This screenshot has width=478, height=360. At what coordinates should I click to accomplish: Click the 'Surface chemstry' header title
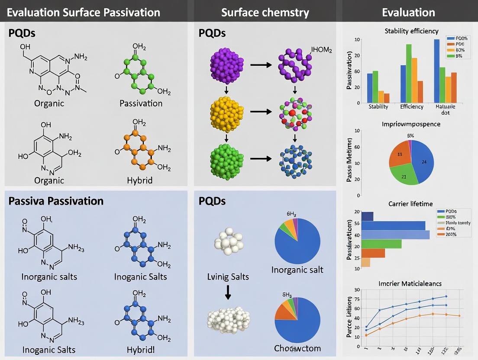coord(265,12)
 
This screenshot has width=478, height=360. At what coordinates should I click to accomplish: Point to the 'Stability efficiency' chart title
coord(411,31)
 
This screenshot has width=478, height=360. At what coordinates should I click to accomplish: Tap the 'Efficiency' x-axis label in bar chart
coord(412,106)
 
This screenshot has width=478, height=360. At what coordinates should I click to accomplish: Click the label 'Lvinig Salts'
coord(228,276)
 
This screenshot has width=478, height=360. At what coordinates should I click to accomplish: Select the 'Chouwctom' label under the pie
coord(297,348)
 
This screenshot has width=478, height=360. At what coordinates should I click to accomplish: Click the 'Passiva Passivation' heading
coord(56,201)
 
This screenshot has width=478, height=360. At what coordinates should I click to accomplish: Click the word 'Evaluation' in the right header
coord(408,12)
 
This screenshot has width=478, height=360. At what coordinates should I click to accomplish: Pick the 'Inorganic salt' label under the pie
coord(297,270)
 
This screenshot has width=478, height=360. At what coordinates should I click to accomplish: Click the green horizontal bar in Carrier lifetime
coord(381,244)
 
